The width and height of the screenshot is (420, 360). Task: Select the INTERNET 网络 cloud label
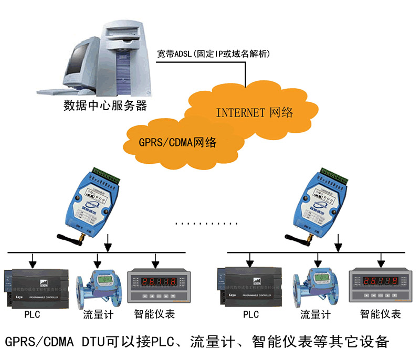254,112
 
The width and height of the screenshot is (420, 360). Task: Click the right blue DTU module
325,202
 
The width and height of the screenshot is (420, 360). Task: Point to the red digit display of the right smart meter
375,280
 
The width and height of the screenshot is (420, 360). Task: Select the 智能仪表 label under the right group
381,314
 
